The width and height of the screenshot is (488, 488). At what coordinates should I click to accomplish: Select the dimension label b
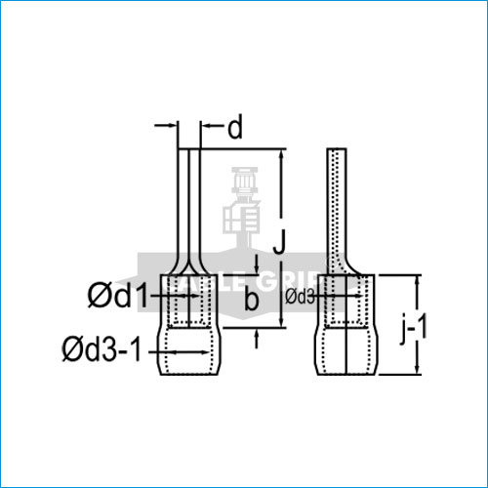[x=252, y=302]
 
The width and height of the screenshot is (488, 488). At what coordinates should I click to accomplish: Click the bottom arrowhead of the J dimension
[x=283, y=323]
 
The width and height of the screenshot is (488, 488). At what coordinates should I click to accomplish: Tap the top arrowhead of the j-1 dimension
[x=418, y=282]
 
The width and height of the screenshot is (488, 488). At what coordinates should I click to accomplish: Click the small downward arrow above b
[x=256, y=269]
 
